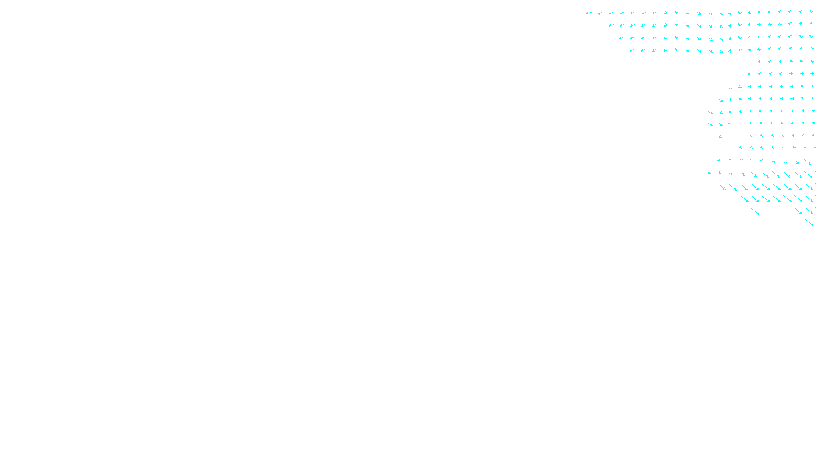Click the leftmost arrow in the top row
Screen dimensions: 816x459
[x=589, y=13]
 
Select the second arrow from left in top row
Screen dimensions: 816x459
[x=600, y=13]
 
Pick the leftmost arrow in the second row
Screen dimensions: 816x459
[x=611, y=25]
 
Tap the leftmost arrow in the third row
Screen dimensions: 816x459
[x=621, y=38]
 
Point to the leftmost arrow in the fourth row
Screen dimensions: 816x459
[x=632, y=50]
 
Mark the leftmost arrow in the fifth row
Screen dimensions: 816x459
[x=759, y=62]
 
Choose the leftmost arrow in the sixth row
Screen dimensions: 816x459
[x=749, y=74]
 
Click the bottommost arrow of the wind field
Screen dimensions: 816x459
[x=809, y=223]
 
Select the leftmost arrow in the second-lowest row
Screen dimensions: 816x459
[x=755, y=211]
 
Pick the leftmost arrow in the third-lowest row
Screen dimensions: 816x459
[x=745, y=199]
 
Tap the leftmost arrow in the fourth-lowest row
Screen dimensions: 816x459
[x=722, y=187]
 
